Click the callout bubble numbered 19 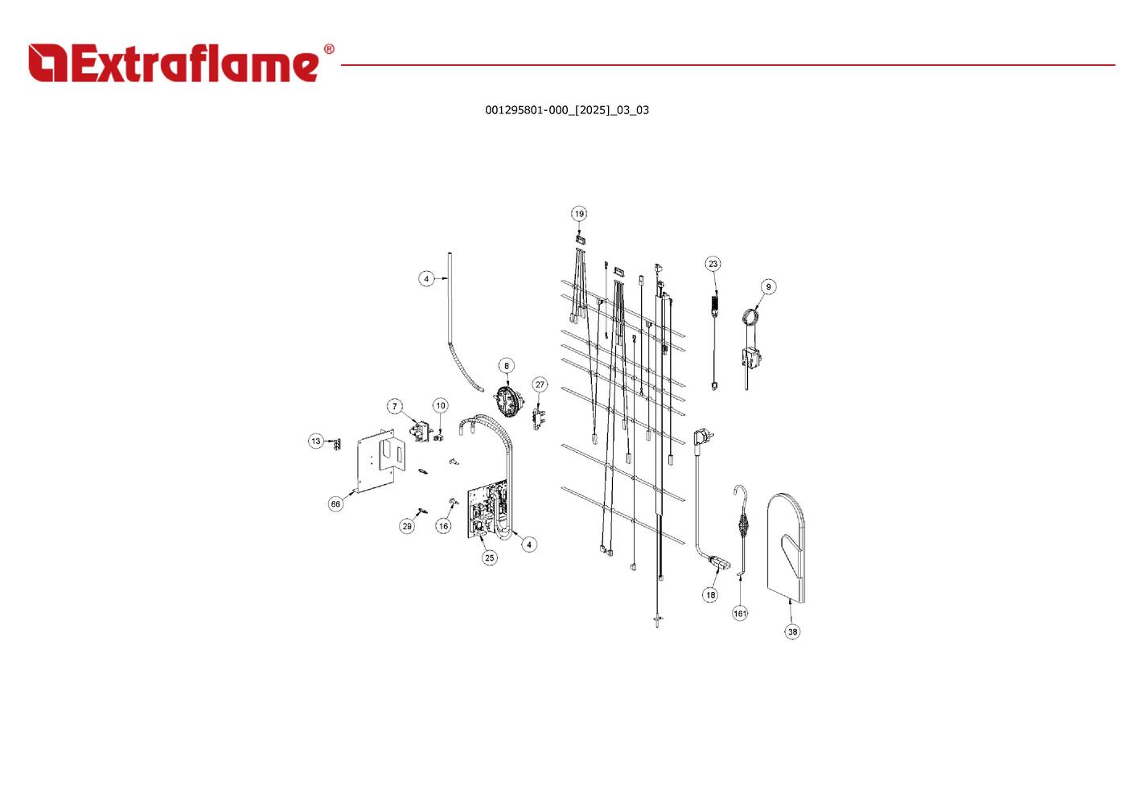pyautogui.click(x=579, y=214)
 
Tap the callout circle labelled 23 pyautogui.click(x=713, y=264)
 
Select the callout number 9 pyautogui.click(x=768, y=287)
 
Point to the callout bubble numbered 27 pyautogui.click(x=540, y=384)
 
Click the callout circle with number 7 pyautogui.click(x=394, y=406)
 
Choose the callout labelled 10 pyautogui.click(x=440, y=406)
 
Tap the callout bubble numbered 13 pyautogui.click(x=316, y=441)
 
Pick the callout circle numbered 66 pyautogui.click(x=335, y=504)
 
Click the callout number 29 pyautogui.click(x=407, y=526)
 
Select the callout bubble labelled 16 pyautogui.click(x=443, y=526)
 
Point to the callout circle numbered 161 pyautogui.click(x=740, y=613)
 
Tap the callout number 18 pyautogui.click(x=709, y=595)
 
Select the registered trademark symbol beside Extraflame pyautogui.click(x=328, y=50)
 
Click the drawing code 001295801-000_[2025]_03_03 pyautogui.click(x=567, y=110)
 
